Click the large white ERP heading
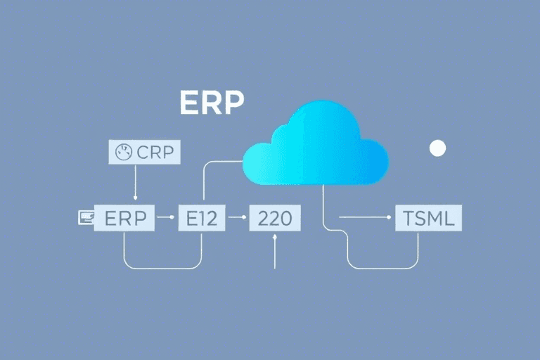coord(212,103)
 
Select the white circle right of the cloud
coord(437,148)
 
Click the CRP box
coord(146,151)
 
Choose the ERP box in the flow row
coord(124,218)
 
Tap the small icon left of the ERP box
coord(84,218)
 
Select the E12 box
coord(202,218)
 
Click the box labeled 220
coord(275,218)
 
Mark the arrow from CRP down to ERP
coord(134,184)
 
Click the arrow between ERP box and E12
coord(167,218)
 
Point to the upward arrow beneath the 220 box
coord(275,252)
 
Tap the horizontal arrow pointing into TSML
coord(366,218)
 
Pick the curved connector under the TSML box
coord(383,267)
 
